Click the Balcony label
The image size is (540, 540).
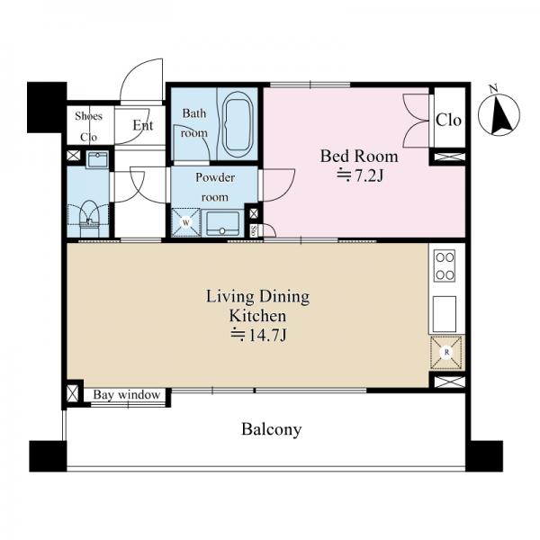[x=272, y=429]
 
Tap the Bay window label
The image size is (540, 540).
[x=127, y=395]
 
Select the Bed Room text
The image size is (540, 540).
[x=359, y=157]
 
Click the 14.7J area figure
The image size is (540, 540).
[x=258, y=335]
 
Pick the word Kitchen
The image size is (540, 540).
[x=257, y=316]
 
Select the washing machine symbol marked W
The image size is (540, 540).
[x=186, y=222]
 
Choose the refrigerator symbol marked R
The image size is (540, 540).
[x=446, y=352]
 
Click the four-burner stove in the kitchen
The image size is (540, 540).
[x=445, y=266]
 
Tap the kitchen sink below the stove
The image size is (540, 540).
[x=445, y=314]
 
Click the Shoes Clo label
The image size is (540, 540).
[x=89, y=126]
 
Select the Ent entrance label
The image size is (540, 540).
[x=143, y=125]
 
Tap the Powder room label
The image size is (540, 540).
[x=215, y=187]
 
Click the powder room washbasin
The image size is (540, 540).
[x=222, y=223]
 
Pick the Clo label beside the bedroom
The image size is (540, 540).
[x=448, y=120]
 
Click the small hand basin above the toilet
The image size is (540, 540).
[x=97, y=159]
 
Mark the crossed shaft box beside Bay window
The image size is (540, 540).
[x=73, y=393]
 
